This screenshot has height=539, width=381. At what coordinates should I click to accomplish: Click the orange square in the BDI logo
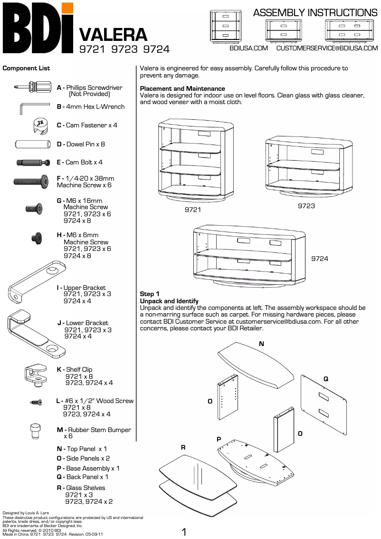pos(67,8)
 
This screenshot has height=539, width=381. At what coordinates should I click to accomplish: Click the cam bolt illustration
pos(33,163)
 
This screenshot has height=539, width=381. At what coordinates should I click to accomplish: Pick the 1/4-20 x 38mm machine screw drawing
pos(31,181)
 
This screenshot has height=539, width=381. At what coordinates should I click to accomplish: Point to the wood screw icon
pos(36,403)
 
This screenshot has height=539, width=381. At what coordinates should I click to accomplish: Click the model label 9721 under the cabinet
pos(193,210)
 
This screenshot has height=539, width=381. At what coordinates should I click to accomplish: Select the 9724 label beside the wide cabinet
pos(320,259)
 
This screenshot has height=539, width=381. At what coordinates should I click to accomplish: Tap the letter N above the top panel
pos(261,343)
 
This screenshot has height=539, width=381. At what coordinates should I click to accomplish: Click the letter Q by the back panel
pos(326,379)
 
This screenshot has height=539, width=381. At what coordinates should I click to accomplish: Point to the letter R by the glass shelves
pos(183,447)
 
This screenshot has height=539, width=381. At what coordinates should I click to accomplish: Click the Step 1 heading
pos(150,294)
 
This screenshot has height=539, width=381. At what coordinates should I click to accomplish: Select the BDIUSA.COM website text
pos(248,48)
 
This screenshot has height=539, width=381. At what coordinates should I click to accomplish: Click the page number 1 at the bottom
pos(184,531)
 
